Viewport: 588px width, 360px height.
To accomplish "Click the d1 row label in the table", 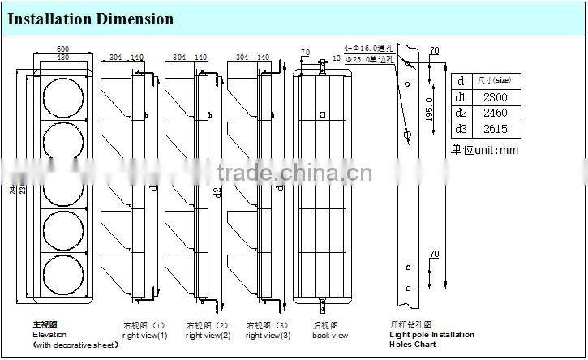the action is click(x=461, y=97).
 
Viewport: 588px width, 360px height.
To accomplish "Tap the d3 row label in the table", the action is click(x=461, y=129).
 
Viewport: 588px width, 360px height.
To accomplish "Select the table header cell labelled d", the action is click(x=461, y=81).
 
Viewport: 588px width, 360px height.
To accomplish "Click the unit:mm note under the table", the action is click(x=484, y=150).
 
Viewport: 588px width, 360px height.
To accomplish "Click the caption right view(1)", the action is click(x=144, y=335).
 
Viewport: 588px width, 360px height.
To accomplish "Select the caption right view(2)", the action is click(x=208, y=335).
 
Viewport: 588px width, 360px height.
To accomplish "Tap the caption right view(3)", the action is click(x=268, y=335).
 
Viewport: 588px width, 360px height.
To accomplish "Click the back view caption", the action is click(x=330, y=335).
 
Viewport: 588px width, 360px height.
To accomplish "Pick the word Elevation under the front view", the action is click(x=49, y=334).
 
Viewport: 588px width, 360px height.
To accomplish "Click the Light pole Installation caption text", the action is click(x=431, y=334).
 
